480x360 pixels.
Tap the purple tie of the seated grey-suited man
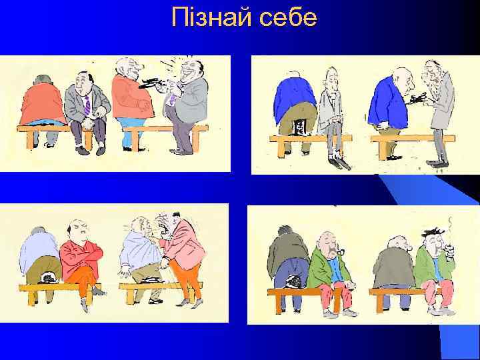point(87,105)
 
